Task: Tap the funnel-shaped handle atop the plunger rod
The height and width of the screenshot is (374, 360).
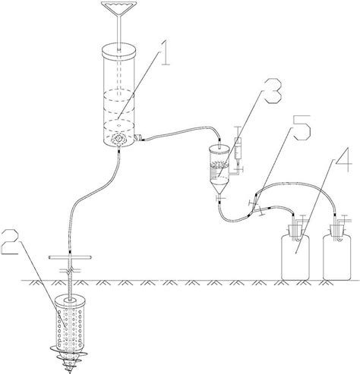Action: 120,12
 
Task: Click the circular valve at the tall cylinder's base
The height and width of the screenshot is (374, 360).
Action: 120,140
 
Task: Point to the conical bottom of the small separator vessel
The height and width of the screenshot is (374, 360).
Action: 219,185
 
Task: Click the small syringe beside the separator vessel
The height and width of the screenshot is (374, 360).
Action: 239,147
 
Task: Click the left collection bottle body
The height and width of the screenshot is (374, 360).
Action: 297,254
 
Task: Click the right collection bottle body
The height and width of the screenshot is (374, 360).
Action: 336,254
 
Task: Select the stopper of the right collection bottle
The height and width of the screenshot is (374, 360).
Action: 336,226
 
